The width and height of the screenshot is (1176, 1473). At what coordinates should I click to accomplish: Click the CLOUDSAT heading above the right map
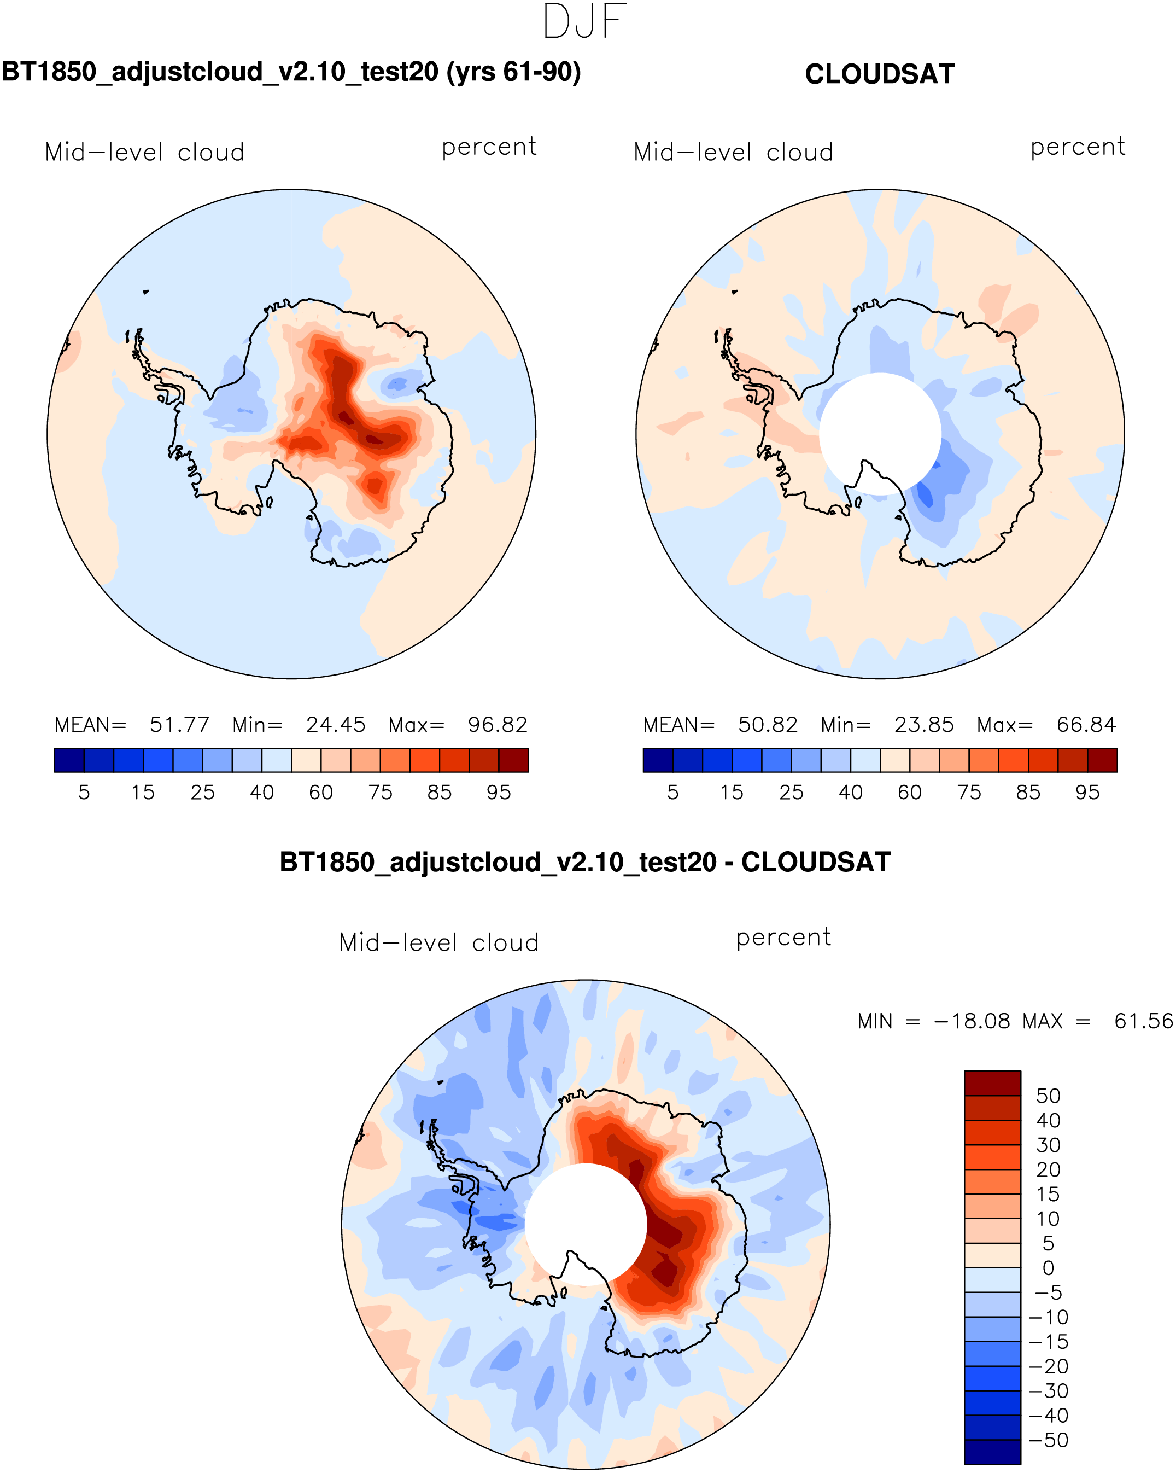880,74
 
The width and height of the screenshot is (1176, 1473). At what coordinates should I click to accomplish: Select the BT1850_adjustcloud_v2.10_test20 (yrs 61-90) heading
291,72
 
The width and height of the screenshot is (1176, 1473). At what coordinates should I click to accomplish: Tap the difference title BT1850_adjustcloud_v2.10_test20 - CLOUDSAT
586,862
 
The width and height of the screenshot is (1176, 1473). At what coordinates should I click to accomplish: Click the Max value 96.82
497,725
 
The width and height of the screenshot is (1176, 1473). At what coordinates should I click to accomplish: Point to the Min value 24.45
335,725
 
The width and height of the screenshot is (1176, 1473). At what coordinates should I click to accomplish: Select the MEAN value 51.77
180,725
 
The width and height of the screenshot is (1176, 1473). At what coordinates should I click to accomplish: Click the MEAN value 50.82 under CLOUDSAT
768,725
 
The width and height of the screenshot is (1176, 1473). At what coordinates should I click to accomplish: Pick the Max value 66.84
1086,725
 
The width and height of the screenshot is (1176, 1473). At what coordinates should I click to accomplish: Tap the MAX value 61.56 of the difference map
1143,1021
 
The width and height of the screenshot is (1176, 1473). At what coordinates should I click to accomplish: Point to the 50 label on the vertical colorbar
1048,1097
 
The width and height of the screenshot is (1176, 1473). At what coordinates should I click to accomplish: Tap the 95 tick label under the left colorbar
499,793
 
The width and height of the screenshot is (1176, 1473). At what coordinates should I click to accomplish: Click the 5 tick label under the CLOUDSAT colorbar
672,793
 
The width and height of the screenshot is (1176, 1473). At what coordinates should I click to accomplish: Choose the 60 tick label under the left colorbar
321,793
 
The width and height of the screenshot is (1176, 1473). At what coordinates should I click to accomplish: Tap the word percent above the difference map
783,938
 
